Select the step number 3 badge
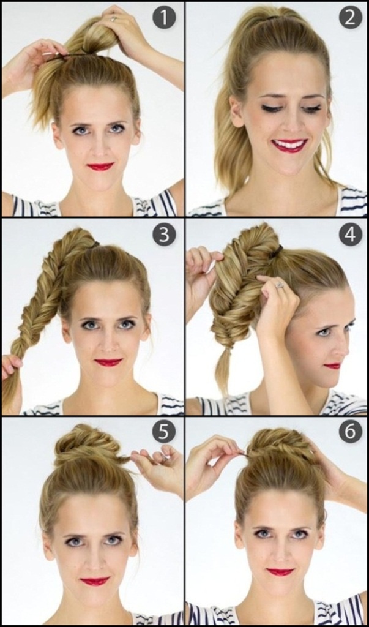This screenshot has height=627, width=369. (164, 234)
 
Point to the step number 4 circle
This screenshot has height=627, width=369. (351, 234)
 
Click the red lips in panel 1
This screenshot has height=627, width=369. (100, 167)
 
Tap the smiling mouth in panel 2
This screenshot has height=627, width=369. (289, 145)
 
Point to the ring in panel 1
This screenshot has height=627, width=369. (114, 18)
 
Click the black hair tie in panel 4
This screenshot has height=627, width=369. (277, 251)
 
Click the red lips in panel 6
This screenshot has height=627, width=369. (280, 572)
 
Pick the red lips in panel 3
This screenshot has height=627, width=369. (108, 362)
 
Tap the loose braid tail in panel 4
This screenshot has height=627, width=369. (223, 370)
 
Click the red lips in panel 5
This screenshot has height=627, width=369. (95, 581)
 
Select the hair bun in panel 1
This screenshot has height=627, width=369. (95, 38)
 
